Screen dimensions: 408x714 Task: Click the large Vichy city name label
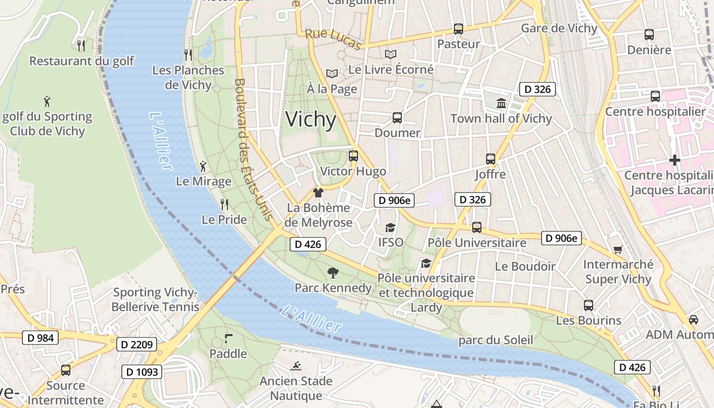point(311,119)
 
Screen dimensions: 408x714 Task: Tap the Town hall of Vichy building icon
point(501,103)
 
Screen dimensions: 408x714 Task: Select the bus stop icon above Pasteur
point(458,29)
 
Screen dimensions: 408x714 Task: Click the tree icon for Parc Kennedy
point(333,273)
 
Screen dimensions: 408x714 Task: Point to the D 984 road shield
point(40,337)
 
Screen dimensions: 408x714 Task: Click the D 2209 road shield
point(136,345)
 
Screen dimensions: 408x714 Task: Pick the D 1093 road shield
point(142,372)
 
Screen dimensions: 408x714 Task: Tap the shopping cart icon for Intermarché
point(618,249)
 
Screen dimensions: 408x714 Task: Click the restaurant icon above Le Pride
point(224,205)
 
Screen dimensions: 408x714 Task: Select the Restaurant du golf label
point(82,61)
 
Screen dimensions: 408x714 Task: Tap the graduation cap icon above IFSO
point(390,227)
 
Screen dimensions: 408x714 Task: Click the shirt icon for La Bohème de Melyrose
point(318,193)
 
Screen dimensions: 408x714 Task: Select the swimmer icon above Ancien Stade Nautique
point(296,366)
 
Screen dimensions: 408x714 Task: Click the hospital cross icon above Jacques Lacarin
point(675,160)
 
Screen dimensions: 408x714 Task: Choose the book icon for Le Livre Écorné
point(391,54)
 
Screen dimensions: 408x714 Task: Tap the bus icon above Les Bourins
point(589,305)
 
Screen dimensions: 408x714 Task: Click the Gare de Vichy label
point(558,28)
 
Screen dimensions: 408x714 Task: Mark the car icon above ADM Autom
point(693,320)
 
